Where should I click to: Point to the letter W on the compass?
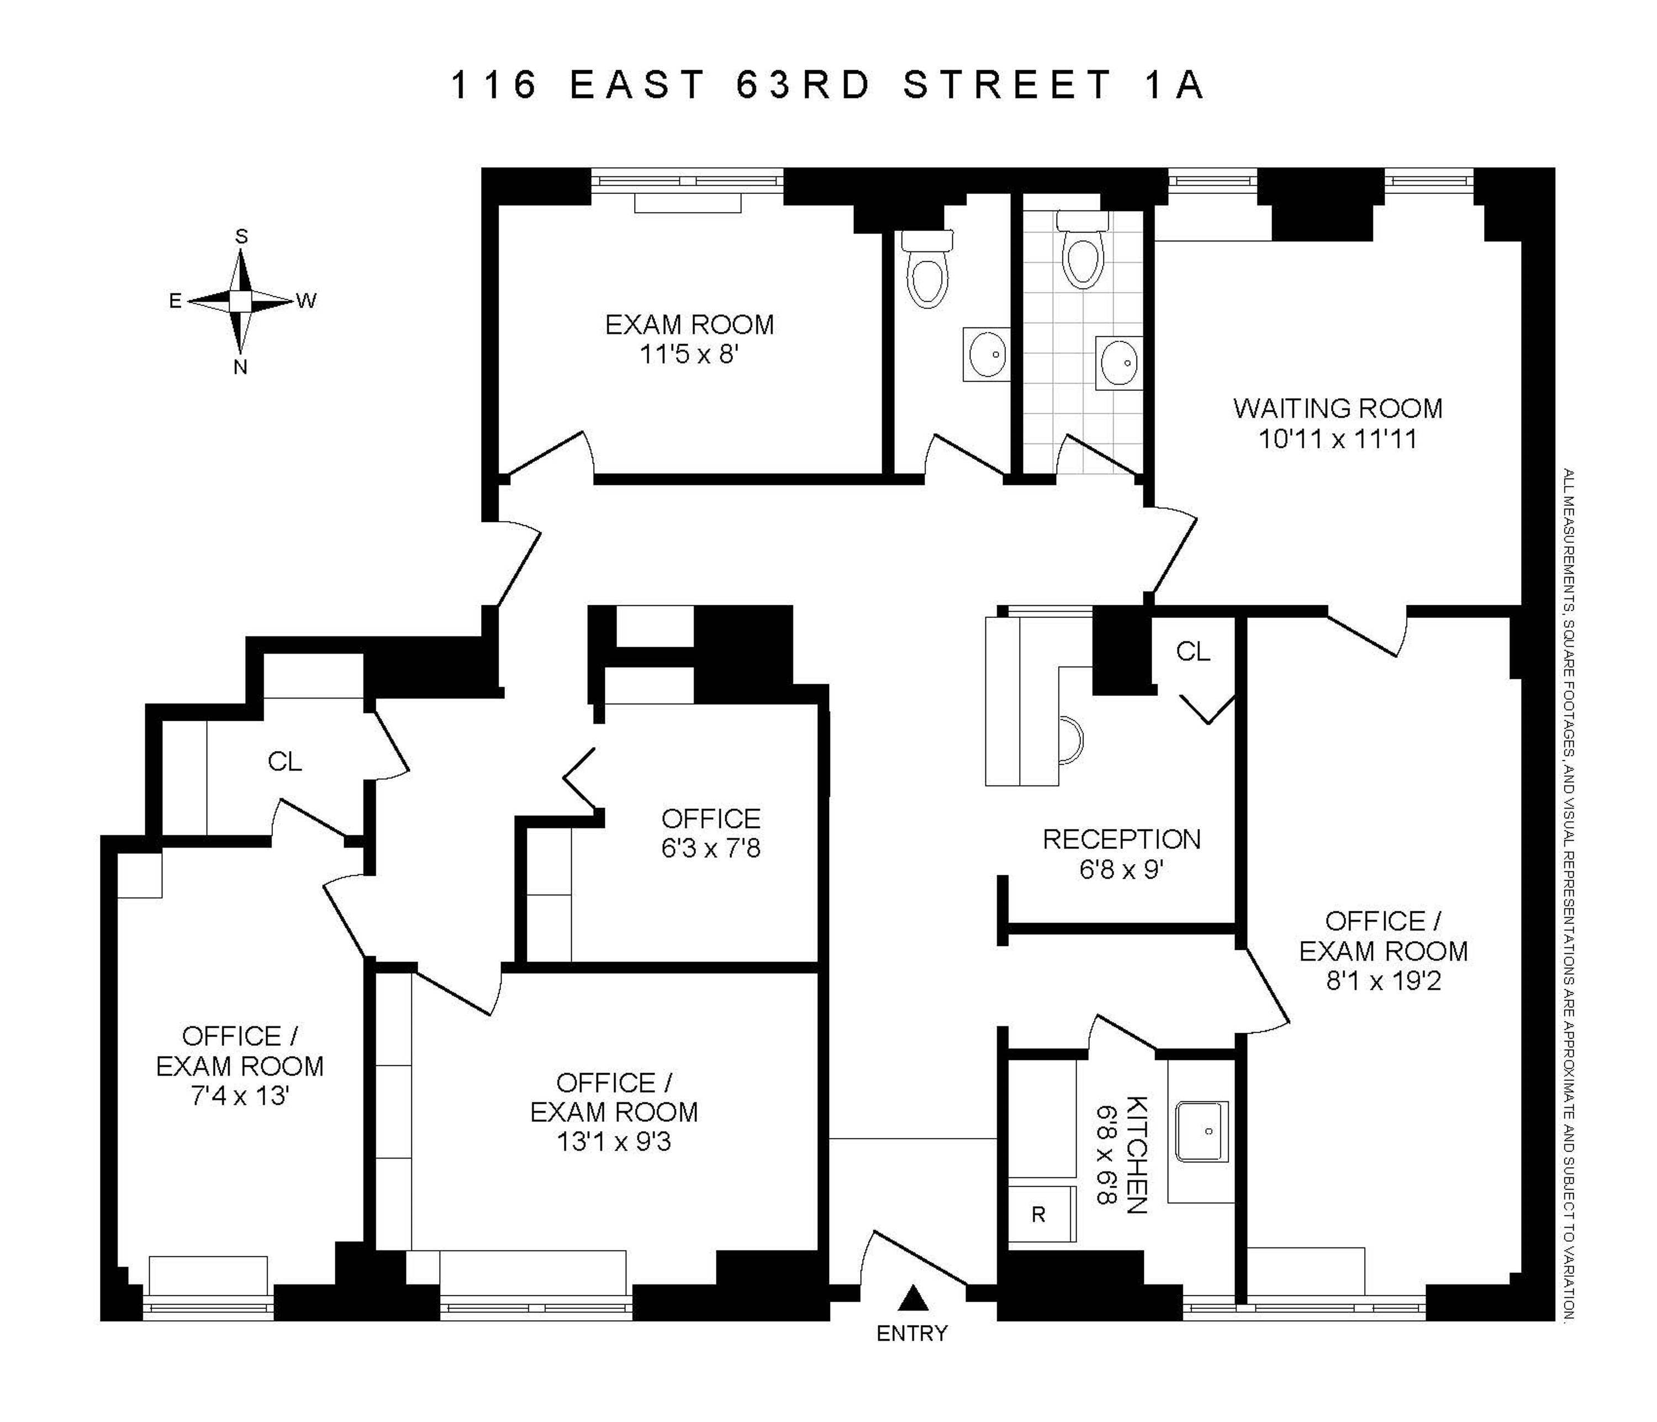pos(307,301)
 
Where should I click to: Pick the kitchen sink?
pos(1202,1132)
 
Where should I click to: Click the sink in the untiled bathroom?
pos(985,353)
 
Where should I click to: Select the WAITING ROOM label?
pos(1338,409)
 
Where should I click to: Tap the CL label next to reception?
pos(1193,652)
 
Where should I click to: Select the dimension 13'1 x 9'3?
pos(614,1142)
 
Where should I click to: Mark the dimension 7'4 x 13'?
pos(240,1096)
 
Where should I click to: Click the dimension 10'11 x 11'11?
pos(1338,439)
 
